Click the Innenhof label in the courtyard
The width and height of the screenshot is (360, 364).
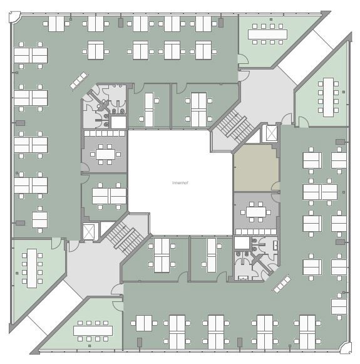tap(180, 183)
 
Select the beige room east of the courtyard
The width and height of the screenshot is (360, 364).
tap(256, 168)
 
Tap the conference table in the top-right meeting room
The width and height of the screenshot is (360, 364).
tap(267, 34)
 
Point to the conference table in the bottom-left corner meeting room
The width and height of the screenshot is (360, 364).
tap(32, 268)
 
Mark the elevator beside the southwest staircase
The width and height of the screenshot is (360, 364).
tap(89, 232)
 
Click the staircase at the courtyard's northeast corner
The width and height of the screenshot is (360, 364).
tap(235, 126)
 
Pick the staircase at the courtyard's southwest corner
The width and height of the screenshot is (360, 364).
tap(125, 238)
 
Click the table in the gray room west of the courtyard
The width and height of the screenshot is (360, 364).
tap(105, 154)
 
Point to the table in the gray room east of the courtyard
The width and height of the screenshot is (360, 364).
tap(256, 212)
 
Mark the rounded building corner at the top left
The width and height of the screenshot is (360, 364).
tap(14, 17)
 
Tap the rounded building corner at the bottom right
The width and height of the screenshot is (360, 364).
tap(346, 348)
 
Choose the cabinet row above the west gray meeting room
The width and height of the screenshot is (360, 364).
tap(105, 133)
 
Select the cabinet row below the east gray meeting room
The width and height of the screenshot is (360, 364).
tap(256, 232)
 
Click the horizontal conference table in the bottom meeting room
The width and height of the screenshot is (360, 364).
tap(93, 331)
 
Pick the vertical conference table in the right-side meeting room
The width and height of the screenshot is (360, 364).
tap(328, 97)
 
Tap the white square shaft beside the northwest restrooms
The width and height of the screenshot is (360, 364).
tap(118, 122)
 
